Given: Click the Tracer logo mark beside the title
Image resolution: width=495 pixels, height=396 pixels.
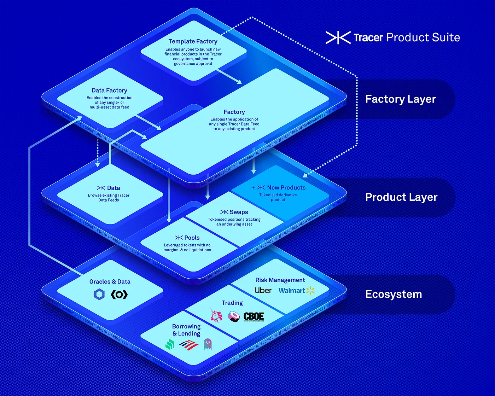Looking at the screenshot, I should [x=338, y=37].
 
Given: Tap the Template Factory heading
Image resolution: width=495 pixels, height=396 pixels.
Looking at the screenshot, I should [x=193, y=41].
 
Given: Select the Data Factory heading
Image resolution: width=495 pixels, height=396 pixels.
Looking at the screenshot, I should [x=109, y=91].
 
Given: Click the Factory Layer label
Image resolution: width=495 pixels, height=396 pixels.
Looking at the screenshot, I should [x=400, y=99].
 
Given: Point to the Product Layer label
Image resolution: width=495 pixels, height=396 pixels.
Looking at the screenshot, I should [x=401, y=197].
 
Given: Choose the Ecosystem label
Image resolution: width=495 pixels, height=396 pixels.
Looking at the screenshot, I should [x=394, y=294].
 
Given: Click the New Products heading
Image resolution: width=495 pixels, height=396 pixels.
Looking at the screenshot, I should [x=286, y=187].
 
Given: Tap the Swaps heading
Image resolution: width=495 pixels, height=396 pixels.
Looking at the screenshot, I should [x=239, y=212].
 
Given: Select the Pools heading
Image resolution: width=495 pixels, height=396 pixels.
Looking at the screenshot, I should [x=192, y=238].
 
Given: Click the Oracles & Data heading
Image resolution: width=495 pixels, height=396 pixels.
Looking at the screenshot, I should [x=110, y=281].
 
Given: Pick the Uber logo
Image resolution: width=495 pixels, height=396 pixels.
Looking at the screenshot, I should [x=263, y=290].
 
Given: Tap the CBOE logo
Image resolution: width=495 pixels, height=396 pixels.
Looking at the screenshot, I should [x=254, y=316].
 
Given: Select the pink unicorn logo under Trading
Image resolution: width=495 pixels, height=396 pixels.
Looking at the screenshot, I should [x=216, y=315].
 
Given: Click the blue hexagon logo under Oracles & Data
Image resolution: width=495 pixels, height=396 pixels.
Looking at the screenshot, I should [x=99, y=294].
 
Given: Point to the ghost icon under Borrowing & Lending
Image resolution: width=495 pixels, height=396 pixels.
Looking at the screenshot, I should [x=208, y=344].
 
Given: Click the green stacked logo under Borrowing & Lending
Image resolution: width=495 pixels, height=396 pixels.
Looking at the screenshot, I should [x=170, y=344].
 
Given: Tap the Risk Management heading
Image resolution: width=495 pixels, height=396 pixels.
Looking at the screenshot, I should [x=280, y=280].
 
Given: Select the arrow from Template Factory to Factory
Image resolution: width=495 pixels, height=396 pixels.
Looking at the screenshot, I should [x=229, y=76].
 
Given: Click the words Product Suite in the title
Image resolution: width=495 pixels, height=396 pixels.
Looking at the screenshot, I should [x=423, y=37].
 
